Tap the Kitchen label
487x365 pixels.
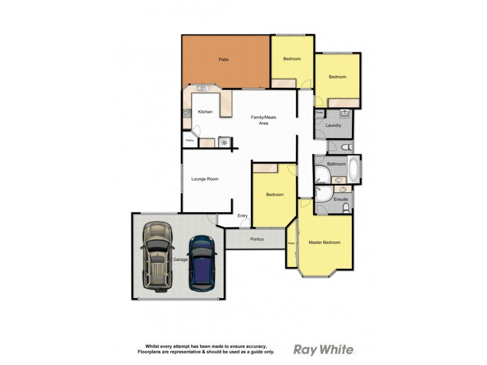click(x=205, y=112)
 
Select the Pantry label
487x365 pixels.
click(x=189, y=141)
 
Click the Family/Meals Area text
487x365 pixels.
click(x=264, y=120)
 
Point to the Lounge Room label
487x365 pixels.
click(x=205, y=179)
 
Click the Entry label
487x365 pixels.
click(x=243, y=215)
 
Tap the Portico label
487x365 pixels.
click(x=257, y=239)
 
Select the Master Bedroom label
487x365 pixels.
click(x=324, y=242)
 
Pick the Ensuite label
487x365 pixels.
click(x=341, y=199)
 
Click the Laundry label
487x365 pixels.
click(x=333, y=125)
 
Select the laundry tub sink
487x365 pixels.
click(x=343, y=113)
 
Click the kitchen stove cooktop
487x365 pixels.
click(x=186, y=113)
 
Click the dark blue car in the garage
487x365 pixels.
click(x=201, y=262)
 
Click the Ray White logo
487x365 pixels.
click(x=323, y=349)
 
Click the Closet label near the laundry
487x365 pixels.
click(x=318, y=113)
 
